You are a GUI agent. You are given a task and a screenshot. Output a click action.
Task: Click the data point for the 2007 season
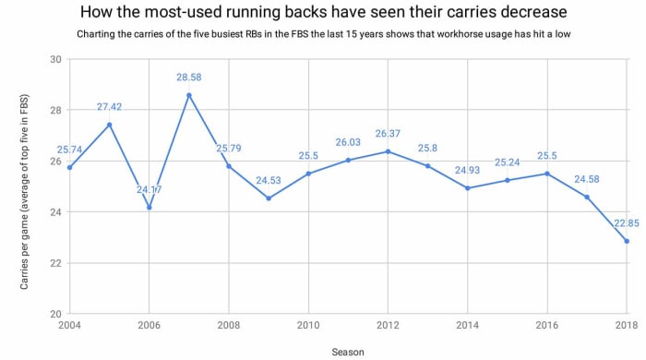tap(188, 95)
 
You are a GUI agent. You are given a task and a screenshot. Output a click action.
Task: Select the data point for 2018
tap(627, 241)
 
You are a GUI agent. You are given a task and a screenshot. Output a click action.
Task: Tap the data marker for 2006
tap(149, 208)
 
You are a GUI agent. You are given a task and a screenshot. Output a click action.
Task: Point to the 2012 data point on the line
tap(388, 151)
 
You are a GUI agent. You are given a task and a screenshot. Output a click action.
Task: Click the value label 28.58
tap(188, 78)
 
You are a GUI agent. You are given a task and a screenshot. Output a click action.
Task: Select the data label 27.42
tap(109, 107)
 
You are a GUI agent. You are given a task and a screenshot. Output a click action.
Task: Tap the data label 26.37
tap(388, 134)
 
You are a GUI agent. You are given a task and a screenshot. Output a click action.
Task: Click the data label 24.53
tap(269, 181)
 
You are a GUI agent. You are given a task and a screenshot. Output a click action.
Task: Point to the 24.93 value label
tap(467, 171)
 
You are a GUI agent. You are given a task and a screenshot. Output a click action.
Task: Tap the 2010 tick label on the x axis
tap(308, 326)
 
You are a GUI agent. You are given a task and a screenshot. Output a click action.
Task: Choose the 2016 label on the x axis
tap(546, 326)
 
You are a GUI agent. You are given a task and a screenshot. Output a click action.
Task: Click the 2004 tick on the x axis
tap(69, 326)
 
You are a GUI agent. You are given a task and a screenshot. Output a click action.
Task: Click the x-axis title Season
tap(348, 351)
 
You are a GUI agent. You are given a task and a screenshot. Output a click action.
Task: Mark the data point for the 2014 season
tap(467, 188)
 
